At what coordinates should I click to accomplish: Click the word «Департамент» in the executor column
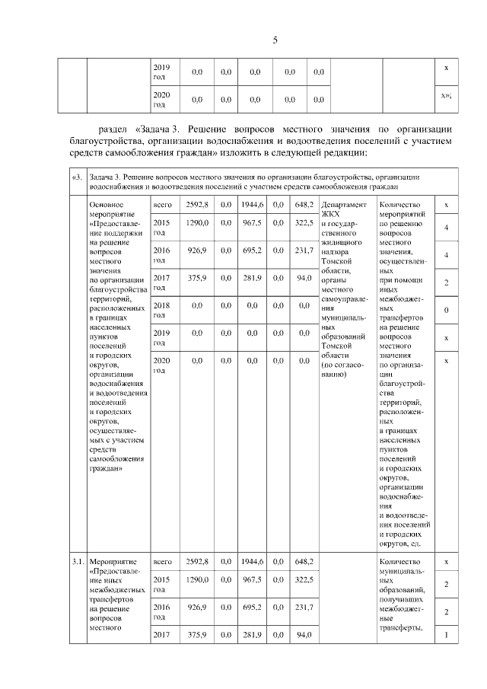[345, 205]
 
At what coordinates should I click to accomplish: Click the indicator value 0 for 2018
[446, 310]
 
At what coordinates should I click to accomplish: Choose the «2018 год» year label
[161, 309]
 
